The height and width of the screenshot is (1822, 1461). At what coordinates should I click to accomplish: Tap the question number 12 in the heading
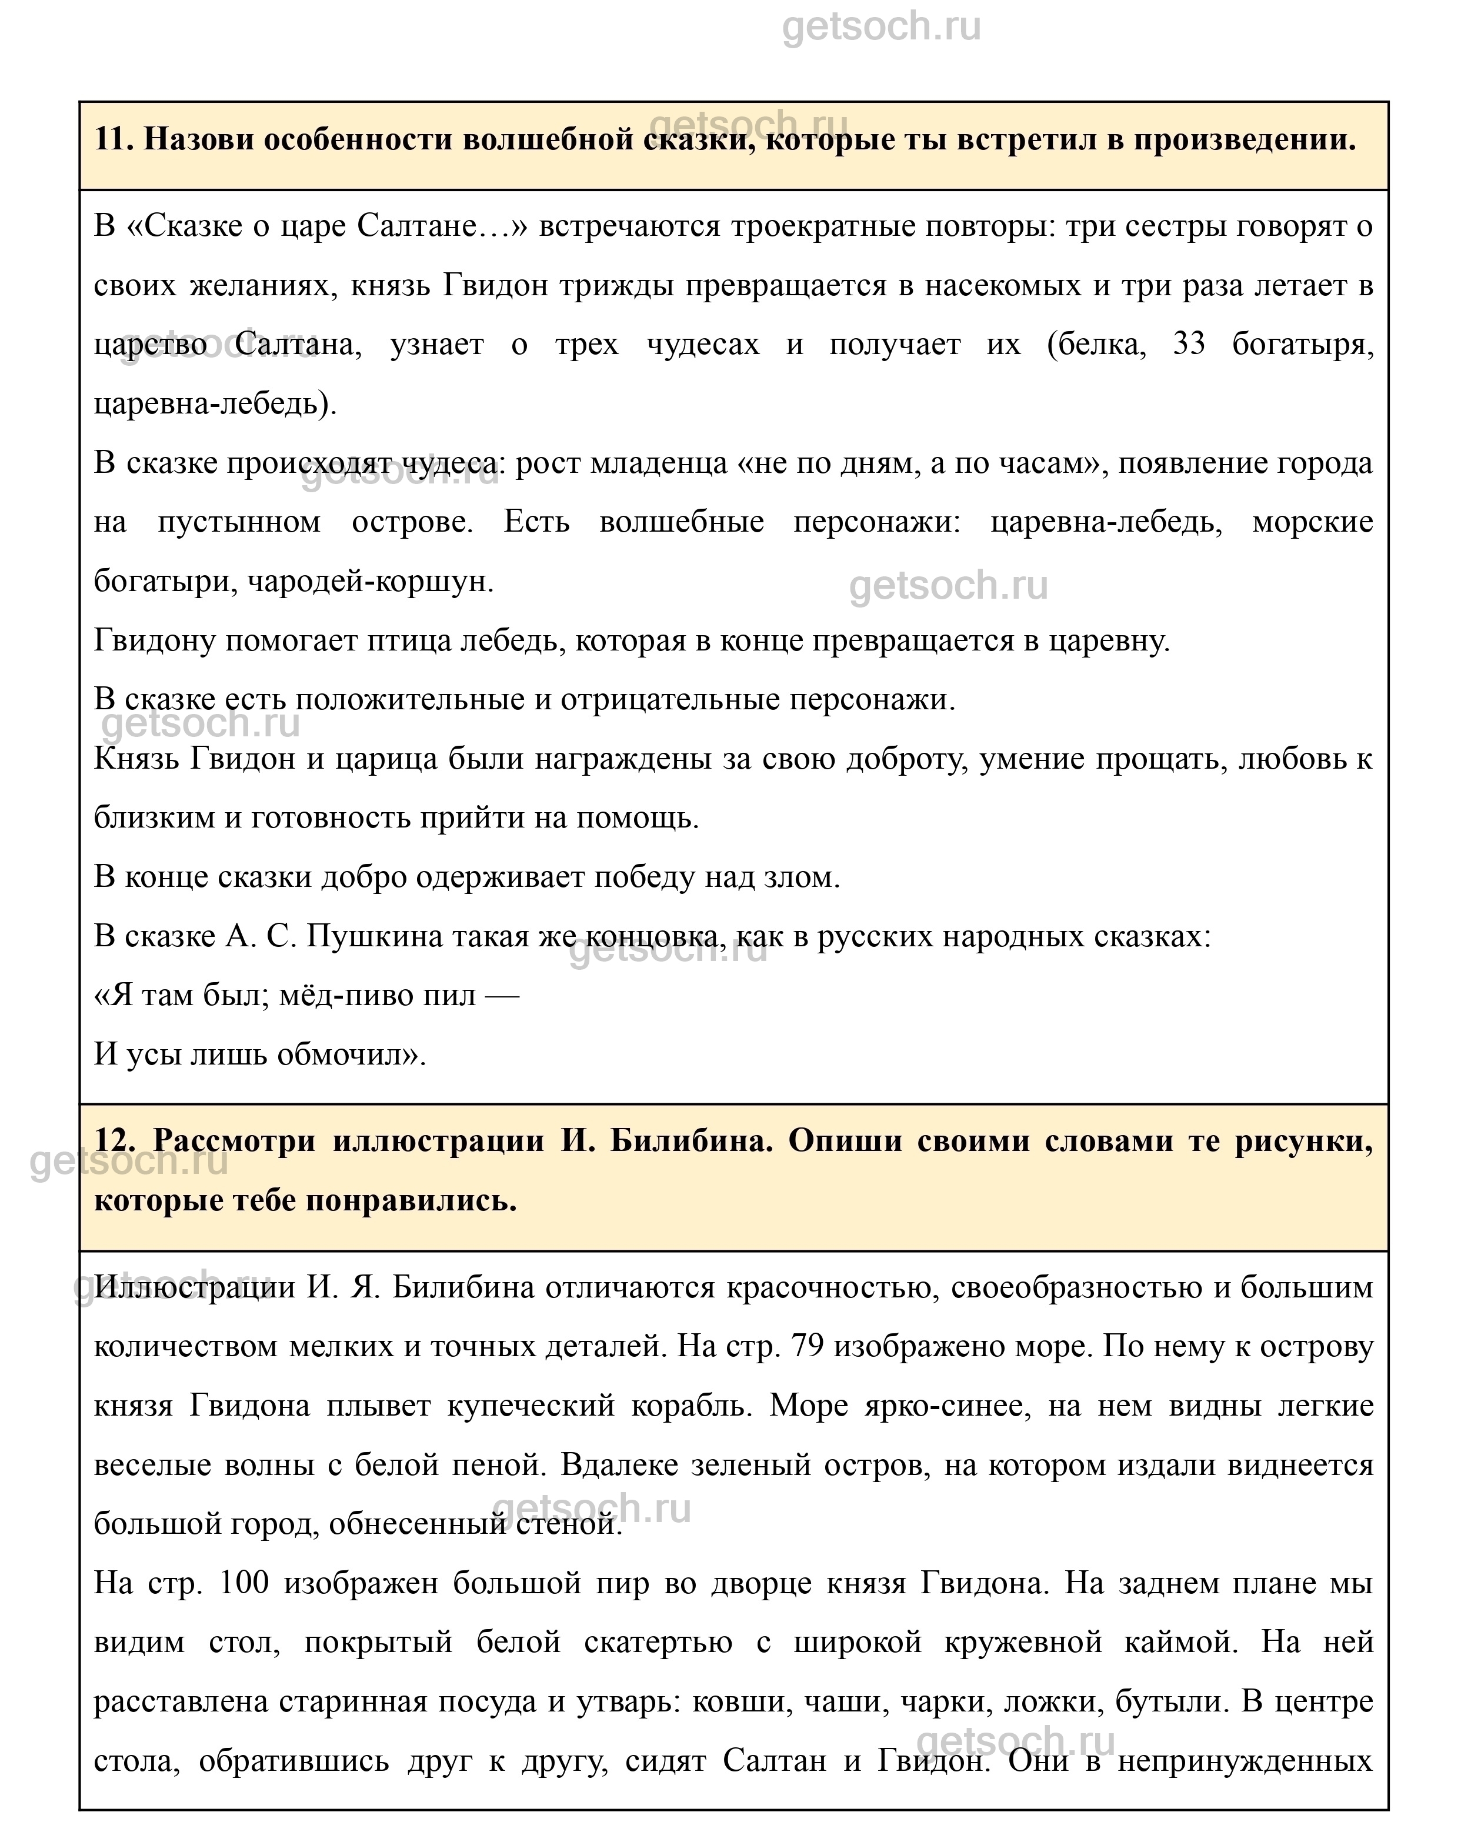(114, 1141)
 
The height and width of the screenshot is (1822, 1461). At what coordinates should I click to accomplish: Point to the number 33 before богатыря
(1189, 345)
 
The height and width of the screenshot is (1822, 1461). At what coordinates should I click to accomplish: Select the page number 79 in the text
(808, 1346)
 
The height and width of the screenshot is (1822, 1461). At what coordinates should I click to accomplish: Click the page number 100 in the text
(243, 1583)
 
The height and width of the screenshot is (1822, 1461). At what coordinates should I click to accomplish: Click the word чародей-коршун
(369, 582)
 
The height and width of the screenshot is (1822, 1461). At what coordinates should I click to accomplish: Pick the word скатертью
(658, 1642)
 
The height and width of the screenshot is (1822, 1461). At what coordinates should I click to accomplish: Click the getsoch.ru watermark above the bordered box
(881, 27)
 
